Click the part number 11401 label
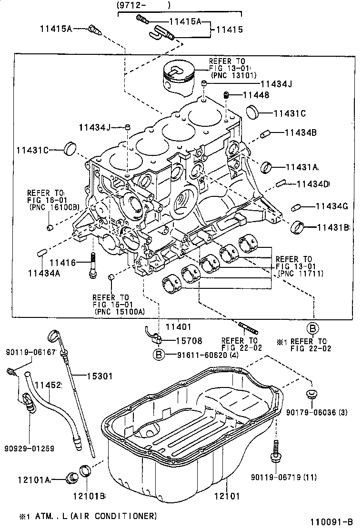pos(178,327)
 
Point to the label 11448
pos(256,95)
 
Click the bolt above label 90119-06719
pos(275,451)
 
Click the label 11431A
pos(302,167)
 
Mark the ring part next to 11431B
pos(298,227)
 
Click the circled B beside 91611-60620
pos(158,354)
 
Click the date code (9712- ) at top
pos(143,5)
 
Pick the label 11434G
pos(332,206)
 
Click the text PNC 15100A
pos(120,312)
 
